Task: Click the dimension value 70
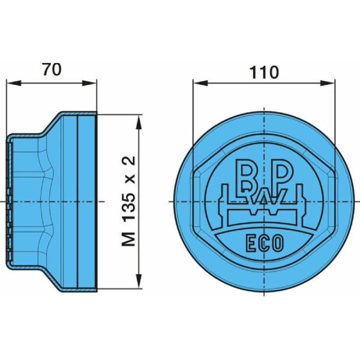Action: coord(51,70)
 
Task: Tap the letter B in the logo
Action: coord(247,175)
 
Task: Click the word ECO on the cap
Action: coord(265,243)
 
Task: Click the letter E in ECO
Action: coord(250,243)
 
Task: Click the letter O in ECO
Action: coord(279,243)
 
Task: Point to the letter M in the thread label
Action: coord(129,239)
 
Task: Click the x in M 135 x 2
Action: coord(130,179)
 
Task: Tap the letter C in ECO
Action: coord(265,243)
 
